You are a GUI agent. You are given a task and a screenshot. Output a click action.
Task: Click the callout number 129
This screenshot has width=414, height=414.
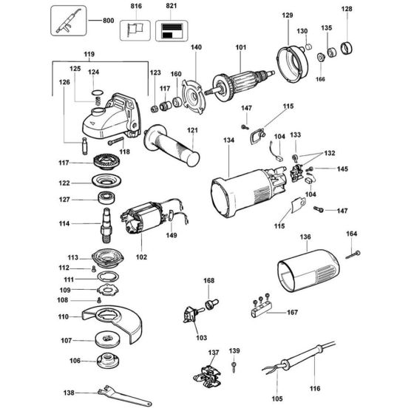287,15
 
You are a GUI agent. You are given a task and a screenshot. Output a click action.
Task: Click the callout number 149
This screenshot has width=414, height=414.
172,237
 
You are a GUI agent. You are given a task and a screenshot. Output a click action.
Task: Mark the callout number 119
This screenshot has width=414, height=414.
89,55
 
